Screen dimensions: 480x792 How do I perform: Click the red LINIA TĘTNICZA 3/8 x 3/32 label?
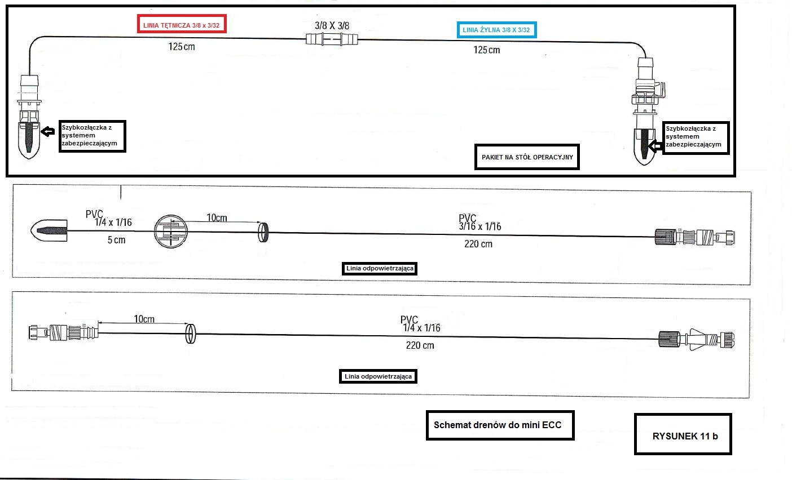click(x=182, y=25)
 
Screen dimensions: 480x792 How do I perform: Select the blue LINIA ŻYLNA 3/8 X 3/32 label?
click(x=496, y=30)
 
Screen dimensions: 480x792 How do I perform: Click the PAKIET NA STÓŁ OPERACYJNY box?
click(x=527, y=157)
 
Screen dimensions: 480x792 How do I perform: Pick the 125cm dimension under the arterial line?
click(x=181, y=46)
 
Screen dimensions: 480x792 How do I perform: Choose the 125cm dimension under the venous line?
click(x=486, y=50)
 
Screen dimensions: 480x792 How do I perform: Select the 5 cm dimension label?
click(x=116, y=240)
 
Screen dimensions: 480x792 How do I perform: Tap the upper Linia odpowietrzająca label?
click(x=380, y=268)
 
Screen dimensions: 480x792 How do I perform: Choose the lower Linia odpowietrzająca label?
click(x=378, y=376)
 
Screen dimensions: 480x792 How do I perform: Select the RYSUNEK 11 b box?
click(x=683, y=434)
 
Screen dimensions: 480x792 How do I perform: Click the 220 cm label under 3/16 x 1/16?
click(x=478, y=244)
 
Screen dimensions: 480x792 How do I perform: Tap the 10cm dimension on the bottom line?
click(x=144, y=319)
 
